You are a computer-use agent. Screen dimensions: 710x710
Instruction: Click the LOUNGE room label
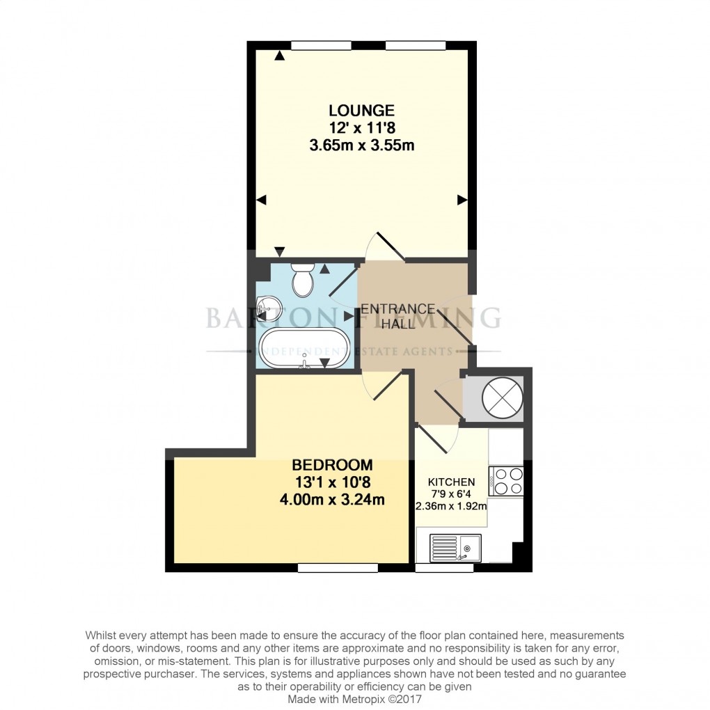click(x=361, y=110)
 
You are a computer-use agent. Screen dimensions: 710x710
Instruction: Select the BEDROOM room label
click(x=332, y=464)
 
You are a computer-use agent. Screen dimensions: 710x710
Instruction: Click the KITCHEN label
click(x=451, y=482)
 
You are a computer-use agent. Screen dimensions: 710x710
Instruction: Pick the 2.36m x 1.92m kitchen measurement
click(x=451, y=505)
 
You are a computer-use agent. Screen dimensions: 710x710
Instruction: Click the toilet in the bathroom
click(x=303, y=280)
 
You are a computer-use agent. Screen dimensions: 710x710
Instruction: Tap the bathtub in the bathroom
click(x=304, y=347)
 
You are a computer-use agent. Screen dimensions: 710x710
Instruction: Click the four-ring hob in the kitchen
click(x=507, y=480)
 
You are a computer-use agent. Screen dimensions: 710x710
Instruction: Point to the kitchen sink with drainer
click(x=455, y=547)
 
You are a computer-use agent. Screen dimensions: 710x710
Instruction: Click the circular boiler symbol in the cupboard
click(x=503, y=397)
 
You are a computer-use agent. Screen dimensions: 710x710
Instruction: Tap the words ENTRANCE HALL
click(x=397, y=316)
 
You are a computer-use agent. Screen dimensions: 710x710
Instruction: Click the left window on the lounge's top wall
click(x=320, y=46)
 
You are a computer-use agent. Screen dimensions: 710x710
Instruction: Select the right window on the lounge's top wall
click(x=415, y=46)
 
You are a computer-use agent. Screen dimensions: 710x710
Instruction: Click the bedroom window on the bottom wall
click(x=338, y=568)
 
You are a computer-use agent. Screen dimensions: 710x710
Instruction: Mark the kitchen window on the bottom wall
click(x=444, y=568)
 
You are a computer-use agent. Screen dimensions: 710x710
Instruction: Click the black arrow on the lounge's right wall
click(x=461, y=200)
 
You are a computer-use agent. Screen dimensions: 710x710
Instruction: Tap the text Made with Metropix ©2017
click(x=354, y=699)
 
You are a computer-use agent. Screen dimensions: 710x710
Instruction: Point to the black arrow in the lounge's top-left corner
click(x=279, y=55)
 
